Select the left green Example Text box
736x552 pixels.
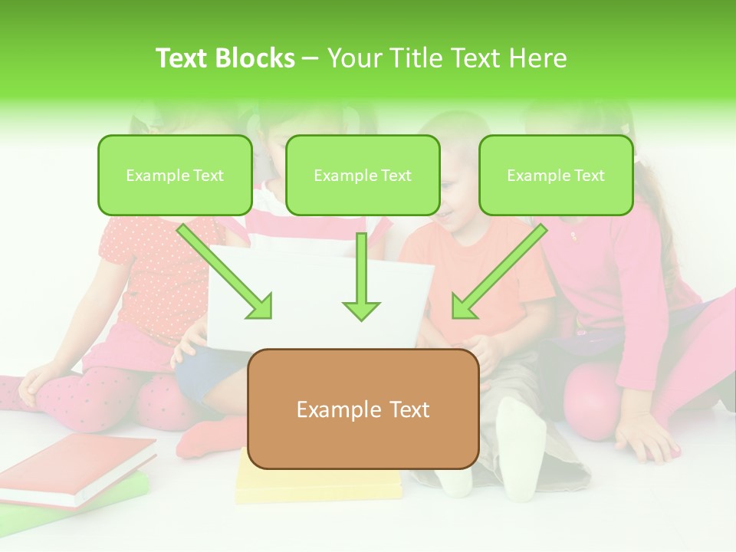pos(175,175)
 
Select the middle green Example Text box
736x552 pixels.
pos(363,175)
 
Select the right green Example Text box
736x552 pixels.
pos(556,175)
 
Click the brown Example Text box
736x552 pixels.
pos(363,409)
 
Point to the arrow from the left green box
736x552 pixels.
pos(226,272)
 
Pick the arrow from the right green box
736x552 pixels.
pos(498,272)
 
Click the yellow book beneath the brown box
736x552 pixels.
pos(318,483)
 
